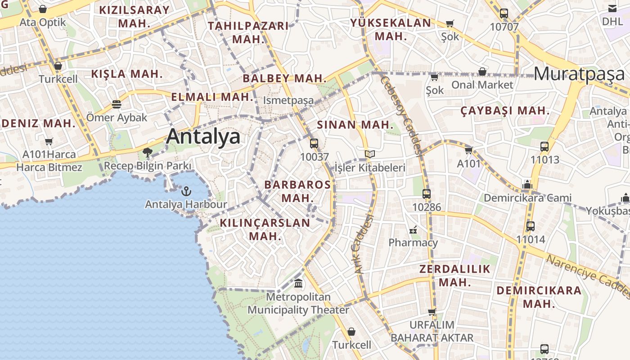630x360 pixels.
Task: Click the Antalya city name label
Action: tap(203, 136)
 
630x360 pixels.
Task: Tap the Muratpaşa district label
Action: tap(580, 74)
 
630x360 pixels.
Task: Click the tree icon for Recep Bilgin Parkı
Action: tap(147, 153)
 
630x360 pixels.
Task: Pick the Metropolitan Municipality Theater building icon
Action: tap(298, 283)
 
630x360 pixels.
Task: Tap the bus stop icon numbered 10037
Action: tap(314, 144)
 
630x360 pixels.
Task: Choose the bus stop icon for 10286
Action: tap(427, 194)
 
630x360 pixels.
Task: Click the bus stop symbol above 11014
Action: tap(531, 226)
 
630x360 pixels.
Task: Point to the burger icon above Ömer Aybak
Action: tap(117, 105)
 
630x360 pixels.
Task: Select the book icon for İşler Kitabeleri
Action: tap(369, 154)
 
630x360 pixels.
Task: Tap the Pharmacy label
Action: tap(413, 243)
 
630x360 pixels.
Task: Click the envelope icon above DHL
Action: tap(612, 9)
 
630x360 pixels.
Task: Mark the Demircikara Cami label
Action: tap(527, 198)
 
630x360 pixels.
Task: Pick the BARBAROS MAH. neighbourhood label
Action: tap(297, 191)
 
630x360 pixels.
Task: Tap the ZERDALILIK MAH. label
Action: tap(454, 276)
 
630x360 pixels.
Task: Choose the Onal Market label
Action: tap(482, 85)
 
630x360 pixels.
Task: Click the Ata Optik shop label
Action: tap(42, 22)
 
